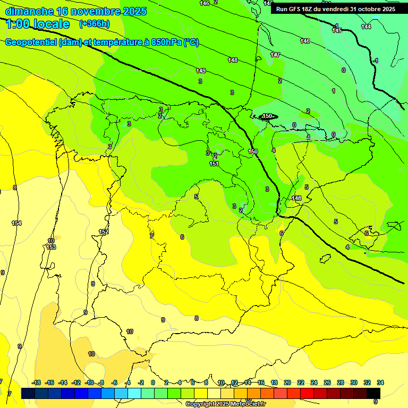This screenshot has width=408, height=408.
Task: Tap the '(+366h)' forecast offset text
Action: click(x=95, y=23)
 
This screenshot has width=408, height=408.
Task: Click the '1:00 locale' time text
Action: click(x=38, y=24)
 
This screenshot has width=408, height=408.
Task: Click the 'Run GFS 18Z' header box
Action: click(x=335, y=8)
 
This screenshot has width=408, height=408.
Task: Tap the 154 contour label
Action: click(x=16, y=223)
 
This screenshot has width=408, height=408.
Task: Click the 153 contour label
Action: click(x=51, y=247)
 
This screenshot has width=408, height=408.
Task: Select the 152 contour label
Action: click(x=104, y=232)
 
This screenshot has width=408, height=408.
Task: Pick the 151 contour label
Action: click(x=214, y=164)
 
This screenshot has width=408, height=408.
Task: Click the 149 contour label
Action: click(x=201, y=71)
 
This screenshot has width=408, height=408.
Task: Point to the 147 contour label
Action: click(x=275, y=55)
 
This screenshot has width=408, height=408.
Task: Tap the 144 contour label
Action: click(x=366, y=27)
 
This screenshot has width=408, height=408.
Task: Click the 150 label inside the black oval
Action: click(x=268, y=116)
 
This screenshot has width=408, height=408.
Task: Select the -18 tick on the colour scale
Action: click(x=37, y=382)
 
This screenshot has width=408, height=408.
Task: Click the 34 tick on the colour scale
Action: click(x=380, y=382)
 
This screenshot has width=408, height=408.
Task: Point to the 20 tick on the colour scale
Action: click(x=287, y=382)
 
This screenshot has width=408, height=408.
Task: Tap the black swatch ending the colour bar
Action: click(x=374, y=393)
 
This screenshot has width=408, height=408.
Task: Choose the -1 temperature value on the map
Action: click(x=375, y=61)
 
